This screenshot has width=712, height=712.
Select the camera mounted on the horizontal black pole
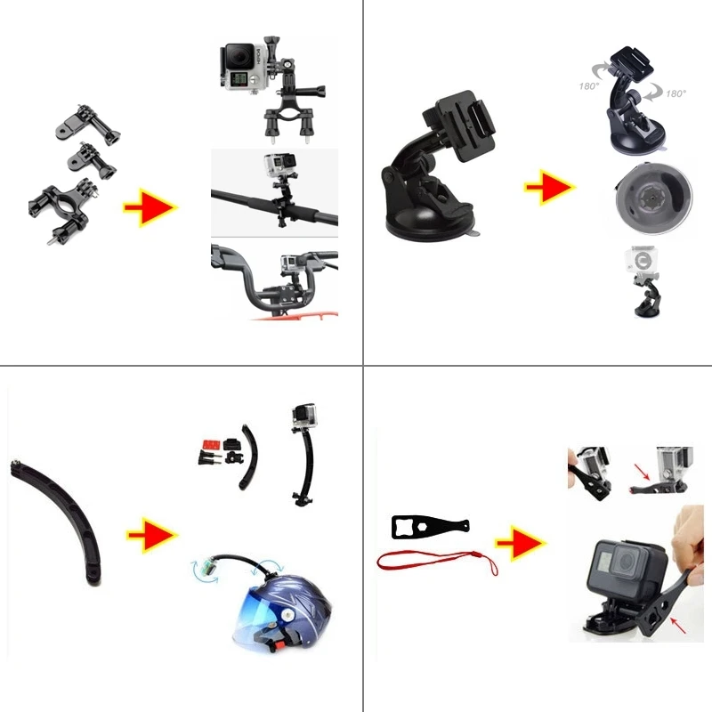(277, 167)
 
